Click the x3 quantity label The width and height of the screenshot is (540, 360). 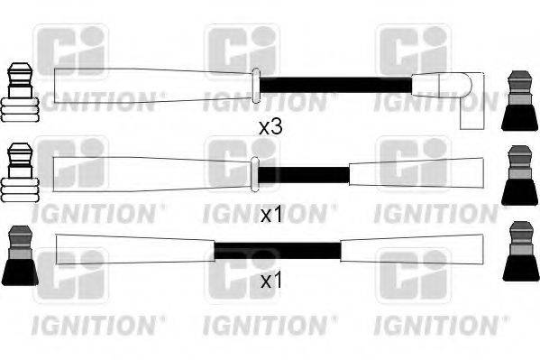click(270, 127)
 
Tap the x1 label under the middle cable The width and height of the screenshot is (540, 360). click(270, 215)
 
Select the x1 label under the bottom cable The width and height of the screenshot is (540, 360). click(270, 282)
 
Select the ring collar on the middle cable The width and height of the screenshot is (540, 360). click(253, 173)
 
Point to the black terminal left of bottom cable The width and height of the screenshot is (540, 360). click(19, 256)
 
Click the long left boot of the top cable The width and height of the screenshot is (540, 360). click(153, 85)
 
